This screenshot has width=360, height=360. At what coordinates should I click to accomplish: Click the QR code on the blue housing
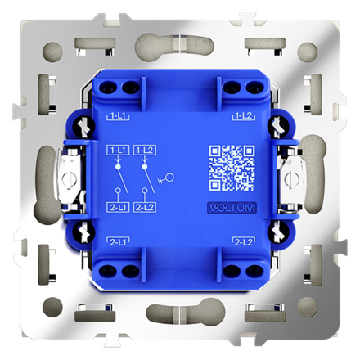click(232, 167)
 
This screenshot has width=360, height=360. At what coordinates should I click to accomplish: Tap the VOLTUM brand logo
click(232, 208)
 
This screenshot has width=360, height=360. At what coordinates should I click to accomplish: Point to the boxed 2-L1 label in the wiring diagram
click(118, 208)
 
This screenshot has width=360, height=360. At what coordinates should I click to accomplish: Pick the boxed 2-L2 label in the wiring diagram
click(145, 208)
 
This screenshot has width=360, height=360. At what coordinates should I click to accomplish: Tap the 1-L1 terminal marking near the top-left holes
click(118, 117)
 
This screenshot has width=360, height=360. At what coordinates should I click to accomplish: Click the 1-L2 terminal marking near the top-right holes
click(242, 117)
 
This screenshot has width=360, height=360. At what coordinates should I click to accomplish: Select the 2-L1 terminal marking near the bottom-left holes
click(118, 242)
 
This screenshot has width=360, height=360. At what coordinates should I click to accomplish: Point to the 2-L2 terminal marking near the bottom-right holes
click(242, 242)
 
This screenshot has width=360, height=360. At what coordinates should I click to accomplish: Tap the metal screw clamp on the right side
click(291, 179)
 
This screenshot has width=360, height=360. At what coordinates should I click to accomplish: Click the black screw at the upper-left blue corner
click(81, 126)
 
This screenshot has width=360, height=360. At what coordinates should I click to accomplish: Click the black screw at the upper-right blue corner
click(279, 126)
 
